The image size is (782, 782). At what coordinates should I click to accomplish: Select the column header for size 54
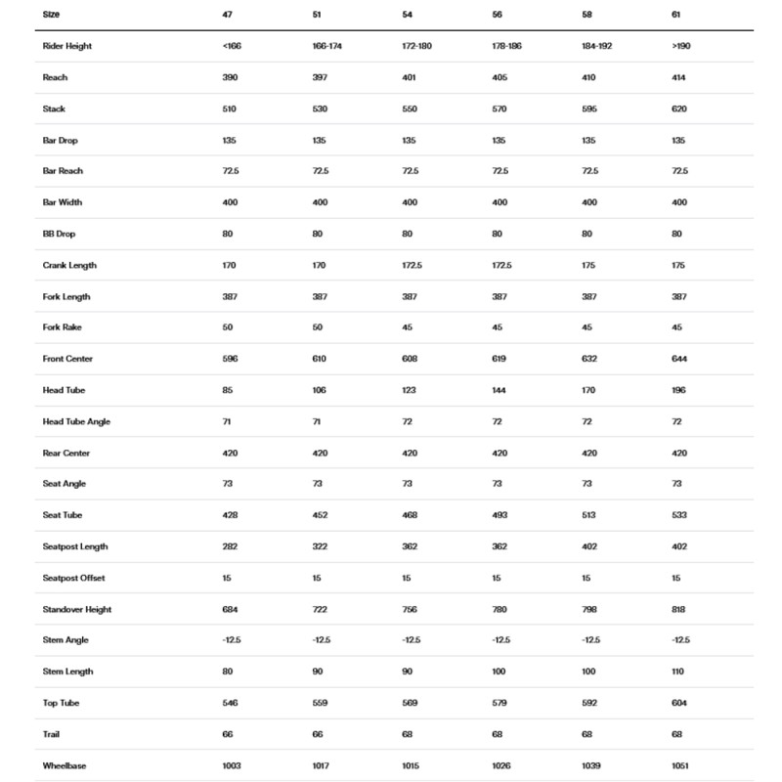click(x=407, y=15)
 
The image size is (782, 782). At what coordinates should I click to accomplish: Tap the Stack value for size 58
click(x=589, y=109)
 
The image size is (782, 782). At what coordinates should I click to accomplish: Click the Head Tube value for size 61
click(x=679, y=390)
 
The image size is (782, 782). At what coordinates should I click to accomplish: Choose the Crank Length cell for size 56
click(x=501, y=265)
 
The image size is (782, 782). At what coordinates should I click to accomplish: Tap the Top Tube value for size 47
click(x=230, y=703)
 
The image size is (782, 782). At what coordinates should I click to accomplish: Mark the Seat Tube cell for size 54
click(x=410, y=515)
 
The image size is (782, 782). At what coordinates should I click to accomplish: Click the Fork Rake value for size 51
click(x=318, y=327)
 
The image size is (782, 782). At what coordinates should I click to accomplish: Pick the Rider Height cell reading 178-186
click(x=506, y=46)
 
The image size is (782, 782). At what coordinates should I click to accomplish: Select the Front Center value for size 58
click(x=589, y=359)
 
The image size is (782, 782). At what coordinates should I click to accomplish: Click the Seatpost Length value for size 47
click(x=230, y=546)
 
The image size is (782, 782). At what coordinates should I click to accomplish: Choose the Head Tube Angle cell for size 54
click(x=407, y=421)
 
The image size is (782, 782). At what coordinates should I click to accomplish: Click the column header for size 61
click(x=676, y=15)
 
